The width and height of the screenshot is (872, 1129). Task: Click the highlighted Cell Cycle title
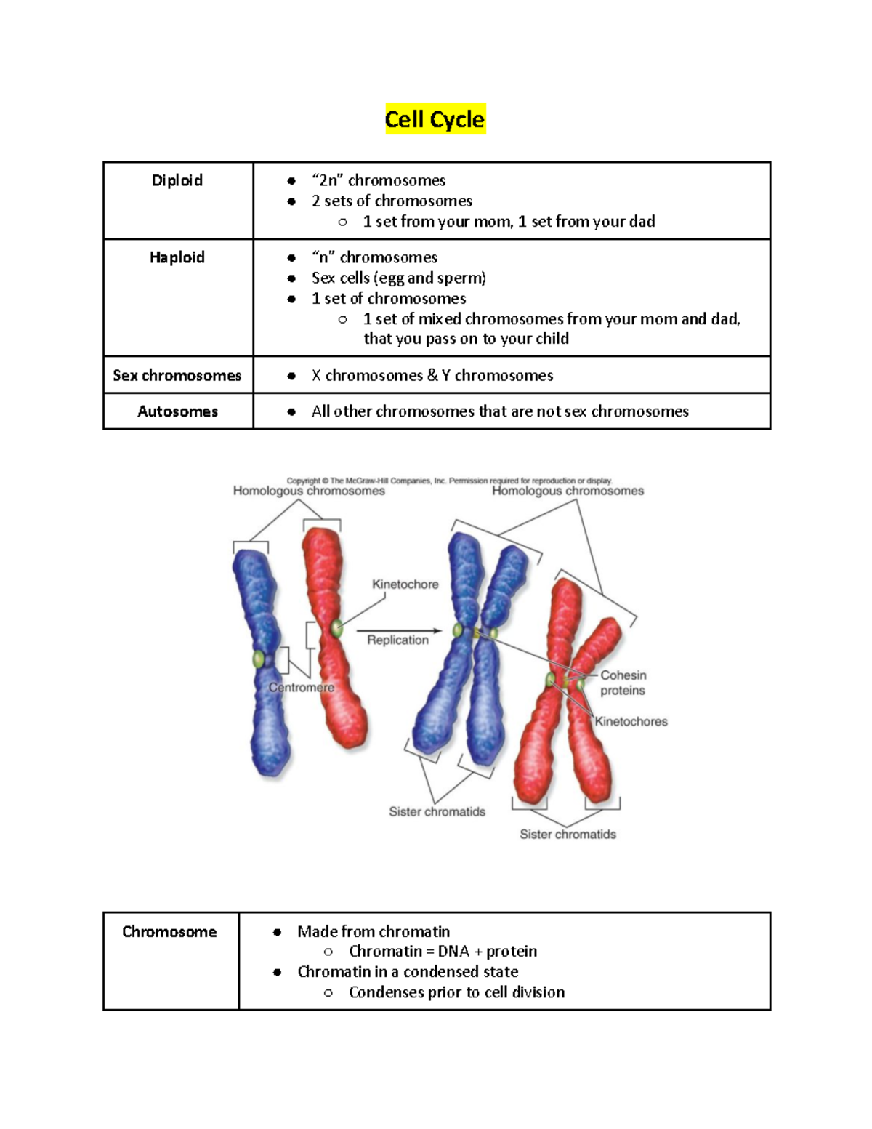435,119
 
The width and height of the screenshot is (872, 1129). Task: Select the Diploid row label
177,180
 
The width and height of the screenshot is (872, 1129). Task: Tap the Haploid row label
177,257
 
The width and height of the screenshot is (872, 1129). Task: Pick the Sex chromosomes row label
177,375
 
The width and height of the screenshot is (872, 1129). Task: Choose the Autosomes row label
177,411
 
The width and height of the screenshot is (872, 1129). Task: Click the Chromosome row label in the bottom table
169,932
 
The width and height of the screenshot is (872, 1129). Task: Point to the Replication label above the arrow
397,640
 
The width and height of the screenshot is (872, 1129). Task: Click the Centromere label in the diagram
302,687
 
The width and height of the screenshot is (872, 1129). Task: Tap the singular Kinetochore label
405,584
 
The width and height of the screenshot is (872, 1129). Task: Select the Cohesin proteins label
623,683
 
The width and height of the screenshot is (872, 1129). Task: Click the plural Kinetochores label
631,721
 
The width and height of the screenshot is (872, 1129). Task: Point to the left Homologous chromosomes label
309,491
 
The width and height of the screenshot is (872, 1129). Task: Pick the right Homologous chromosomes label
568,491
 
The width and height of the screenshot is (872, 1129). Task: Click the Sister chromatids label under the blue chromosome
437,811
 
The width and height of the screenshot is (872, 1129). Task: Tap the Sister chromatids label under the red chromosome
568,834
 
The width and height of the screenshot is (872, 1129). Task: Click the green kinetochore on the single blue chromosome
258,659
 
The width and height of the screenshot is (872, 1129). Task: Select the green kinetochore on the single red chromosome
336,628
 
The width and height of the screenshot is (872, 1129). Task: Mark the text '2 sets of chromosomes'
392,201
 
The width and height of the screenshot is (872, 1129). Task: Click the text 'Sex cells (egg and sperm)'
399,278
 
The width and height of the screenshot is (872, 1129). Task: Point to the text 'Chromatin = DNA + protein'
443,951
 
